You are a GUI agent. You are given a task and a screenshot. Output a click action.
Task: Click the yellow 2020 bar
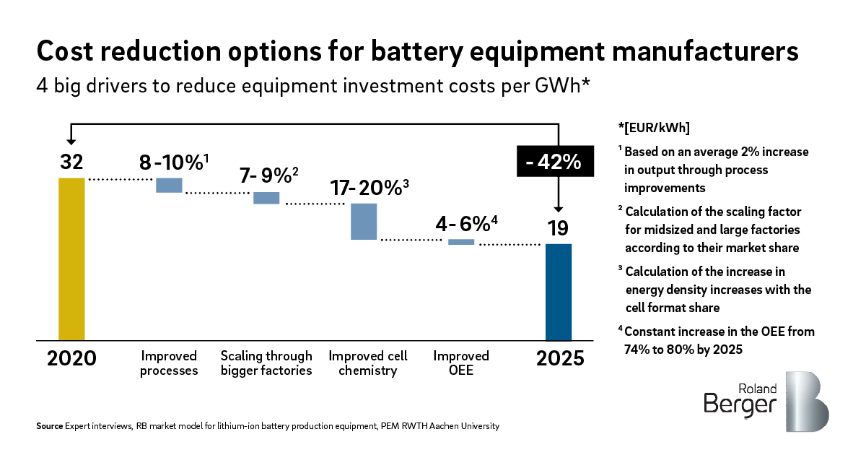point(71,259)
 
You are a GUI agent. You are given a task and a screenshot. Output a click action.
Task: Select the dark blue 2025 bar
point(559,292)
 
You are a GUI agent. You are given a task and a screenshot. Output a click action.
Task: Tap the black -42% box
point(554,162)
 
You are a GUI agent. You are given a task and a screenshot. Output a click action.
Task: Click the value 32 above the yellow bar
point(71,162)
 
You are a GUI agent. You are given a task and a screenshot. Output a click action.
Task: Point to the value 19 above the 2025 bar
point(558,228)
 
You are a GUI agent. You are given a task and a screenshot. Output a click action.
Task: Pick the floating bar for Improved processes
point(170,185)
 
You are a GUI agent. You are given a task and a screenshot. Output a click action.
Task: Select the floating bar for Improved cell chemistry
point(364,221)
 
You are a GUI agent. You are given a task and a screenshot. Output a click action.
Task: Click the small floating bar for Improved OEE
point(461,242)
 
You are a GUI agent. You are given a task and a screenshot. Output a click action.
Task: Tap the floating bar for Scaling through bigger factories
point(266,198)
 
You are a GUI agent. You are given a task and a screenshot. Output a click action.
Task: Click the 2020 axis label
point(71,358)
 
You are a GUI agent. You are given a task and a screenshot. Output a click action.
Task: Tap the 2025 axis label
point(560,358)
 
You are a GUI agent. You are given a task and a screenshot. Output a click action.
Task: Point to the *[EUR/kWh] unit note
point(654,129)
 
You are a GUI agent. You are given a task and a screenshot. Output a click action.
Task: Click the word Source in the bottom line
point(49,427)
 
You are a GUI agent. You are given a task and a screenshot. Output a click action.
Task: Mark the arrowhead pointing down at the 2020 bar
point(71,140)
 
